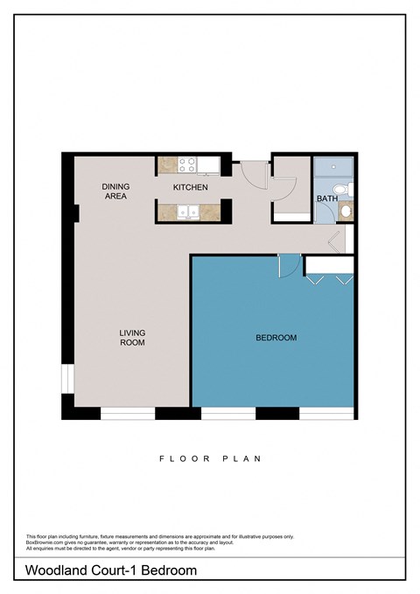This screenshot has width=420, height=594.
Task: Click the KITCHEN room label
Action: (x=190, y=187)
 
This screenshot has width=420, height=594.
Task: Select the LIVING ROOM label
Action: (x=133, y=338)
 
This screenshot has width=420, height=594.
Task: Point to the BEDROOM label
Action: (x=276, y=338)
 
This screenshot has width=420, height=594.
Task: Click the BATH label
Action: (x=326, y=199)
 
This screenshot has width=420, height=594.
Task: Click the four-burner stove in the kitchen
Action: (x=187, y=163)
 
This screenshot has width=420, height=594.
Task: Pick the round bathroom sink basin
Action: (x=346, y=210)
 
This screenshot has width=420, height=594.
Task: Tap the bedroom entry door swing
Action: (x=289, y=265)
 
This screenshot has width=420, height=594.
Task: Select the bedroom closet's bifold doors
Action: (x=330, y=279)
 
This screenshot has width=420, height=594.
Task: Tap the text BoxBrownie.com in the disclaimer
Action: (x=44, y=542)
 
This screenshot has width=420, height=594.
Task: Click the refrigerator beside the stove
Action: (x=211, y=163)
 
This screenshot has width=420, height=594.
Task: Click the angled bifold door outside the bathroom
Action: (x=334, y=241)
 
